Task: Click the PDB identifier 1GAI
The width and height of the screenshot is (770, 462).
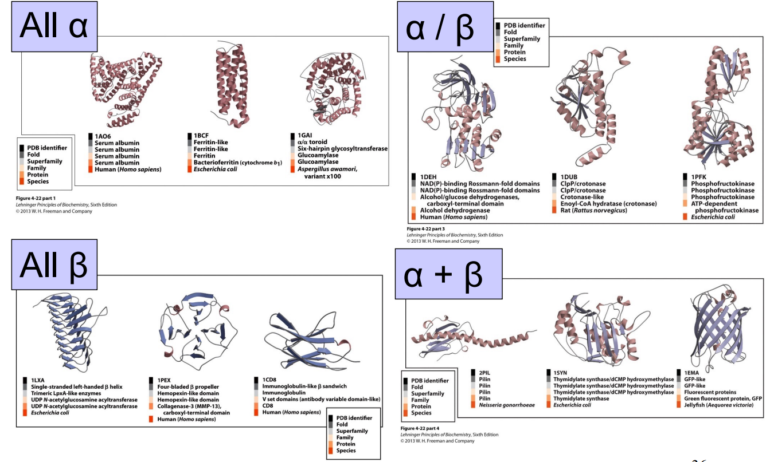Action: click(304, 136)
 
